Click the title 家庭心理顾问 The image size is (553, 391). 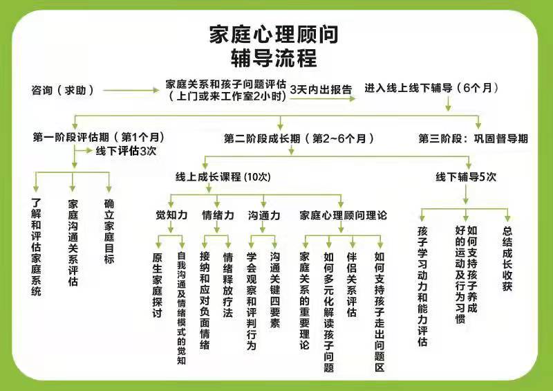pyautogui.click(x=274, y=35)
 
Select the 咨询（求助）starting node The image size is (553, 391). pyautogui.click(x=63, y=91)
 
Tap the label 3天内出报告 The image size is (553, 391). pyautogui.click(x=321, y=90)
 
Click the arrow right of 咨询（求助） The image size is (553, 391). pyautogui.click(x=131, y=91)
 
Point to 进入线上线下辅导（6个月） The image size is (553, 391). pyautogui.click(x=431, y=88)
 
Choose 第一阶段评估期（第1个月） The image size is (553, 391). pyautogui.click(x=98, y=137)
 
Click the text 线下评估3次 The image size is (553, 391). pyautogui.click(x=126, y=151)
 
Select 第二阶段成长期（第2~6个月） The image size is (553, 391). pyautogui.click(x=299, y=138)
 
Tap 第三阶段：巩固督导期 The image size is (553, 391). pyautogui.click(x=474, y=138)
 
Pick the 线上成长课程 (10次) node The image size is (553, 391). pyautogui.click(x=223, y=176)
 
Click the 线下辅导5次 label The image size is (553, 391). pyautogui.click(x=466, y=176)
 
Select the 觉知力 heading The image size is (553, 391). pyautogui.click(x=171, y=215)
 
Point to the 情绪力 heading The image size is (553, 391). pyautogui.click(x=218, y=215)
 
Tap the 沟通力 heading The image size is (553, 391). pyautogui.click(x=264, y=215)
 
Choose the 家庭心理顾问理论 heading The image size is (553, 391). pyautogui.click(x=343, y=215)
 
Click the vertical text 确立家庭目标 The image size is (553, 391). pyautogui.click(x=109, y=231)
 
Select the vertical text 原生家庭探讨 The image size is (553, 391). pyautogui.click(x=158, y=285)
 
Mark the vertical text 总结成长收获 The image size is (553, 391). pyautogui.click(x=507, y=259)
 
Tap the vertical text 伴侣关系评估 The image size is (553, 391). pyautogui.click(x=352, y=284)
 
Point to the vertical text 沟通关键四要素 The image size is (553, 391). pyautogui.click(x=274, y=290)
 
